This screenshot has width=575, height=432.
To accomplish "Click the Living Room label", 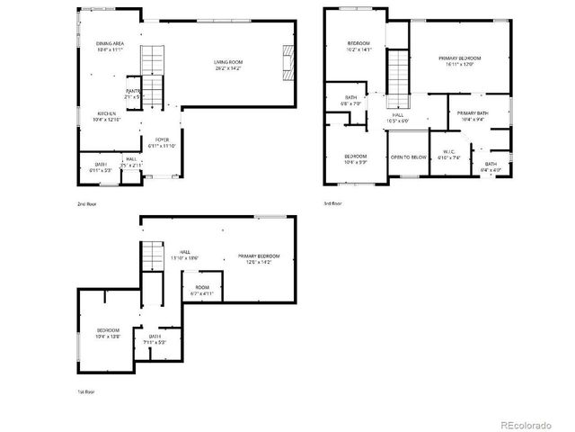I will click(x=228, y=65).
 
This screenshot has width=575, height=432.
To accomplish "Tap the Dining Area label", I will click(x=110, y=46).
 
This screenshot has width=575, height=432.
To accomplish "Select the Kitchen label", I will click(x=107, y=116).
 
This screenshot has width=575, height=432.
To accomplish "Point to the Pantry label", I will click(x=133, y=93).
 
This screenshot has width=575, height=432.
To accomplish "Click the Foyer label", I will click(x=162, y=142).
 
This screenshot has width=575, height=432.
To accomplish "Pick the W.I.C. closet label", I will click(x=447, y=155).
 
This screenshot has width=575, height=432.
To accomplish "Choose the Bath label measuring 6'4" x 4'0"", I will click(x=491, y=166).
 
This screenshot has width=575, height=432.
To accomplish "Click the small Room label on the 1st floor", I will click(x=200, y=291).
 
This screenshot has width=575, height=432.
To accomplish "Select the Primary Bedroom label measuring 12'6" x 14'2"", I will click(x=259, y=259).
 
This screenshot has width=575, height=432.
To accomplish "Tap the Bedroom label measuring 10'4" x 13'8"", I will click(x=108, y=333).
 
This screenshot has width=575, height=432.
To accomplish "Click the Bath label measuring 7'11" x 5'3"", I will click(x=149, y=339).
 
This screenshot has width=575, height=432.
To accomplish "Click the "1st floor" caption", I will click(x=84, y=391).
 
